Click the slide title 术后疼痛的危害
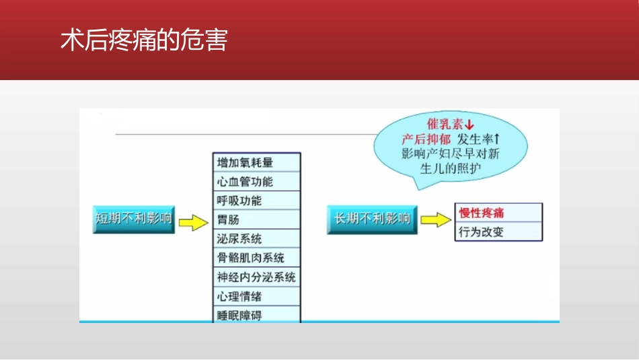point(144,40)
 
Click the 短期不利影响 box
point(134,219)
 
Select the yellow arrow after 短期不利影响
point(194,222)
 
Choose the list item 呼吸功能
point(239,201)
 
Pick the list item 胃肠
point(229,219)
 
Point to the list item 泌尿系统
point(239,239)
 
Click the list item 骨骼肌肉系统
point(250,258)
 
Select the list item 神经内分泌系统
point(256,277)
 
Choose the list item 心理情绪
point(239,296)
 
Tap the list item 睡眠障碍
point(239,315)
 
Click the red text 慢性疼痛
point(482,213)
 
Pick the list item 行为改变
point(482,232)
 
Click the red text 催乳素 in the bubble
point(445,125)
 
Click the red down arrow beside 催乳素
point(469,125)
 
